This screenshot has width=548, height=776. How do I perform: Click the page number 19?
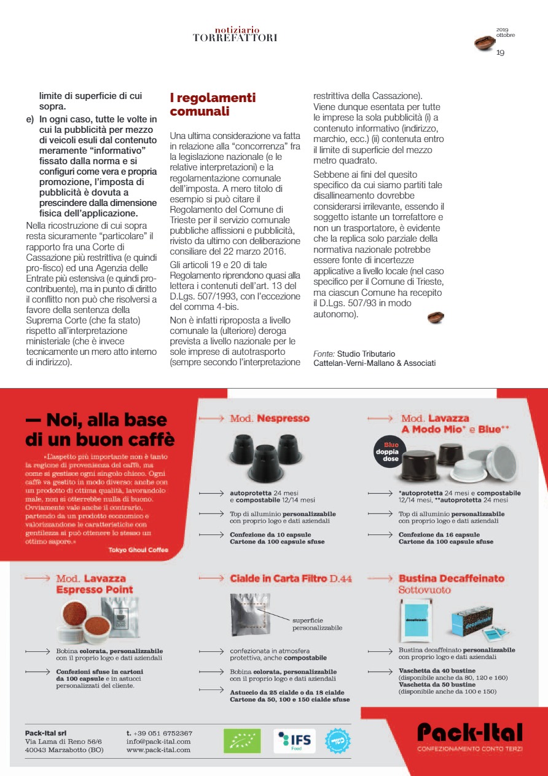[500, 53]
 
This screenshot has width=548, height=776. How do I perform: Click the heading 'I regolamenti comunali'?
[213, 105]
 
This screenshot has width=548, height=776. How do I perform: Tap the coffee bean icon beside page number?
[484, 43]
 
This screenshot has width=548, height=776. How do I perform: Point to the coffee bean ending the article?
[436, 317]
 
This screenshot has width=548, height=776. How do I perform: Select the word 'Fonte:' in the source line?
[324, 354]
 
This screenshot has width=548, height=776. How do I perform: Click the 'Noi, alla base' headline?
[96, 421]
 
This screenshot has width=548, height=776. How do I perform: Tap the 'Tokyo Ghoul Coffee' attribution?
[138, 550]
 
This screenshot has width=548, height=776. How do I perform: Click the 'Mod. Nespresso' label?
[269, 419]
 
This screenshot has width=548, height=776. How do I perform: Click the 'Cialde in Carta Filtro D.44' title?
[291, 579]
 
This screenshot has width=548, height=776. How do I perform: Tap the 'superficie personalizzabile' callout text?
[316, 624]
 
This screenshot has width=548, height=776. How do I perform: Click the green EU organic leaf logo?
[241, 741]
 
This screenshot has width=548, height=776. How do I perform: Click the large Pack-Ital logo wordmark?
[470, 733]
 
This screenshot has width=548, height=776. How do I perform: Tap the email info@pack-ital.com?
[158, 742]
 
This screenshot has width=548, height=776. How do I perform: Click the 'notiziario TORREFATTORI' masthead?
[235, 34]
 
